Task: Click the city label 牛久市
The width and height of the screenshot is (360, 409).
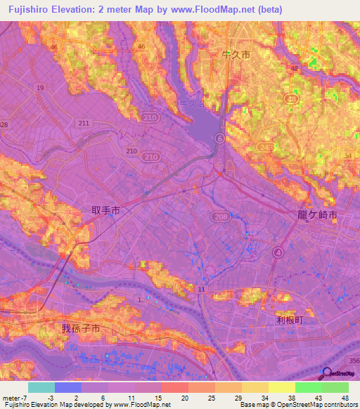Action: [x=236, y=54]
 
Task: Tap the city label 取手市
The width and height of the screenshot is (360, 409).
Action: [x=106, y=210]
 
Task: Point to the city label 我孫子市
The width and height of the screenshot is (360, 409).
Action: [x=81, y=328]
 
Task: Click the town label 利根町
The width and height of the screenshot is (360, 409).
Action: [x=288, y=319]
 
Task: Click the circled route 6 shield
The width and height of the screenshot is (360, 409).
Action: [x=219, y=138]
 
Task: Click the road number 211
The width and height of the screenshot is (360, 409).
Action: [x=84, y=124]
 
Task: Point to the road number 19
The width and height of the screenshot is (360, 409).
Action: [x=40, y=88]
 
